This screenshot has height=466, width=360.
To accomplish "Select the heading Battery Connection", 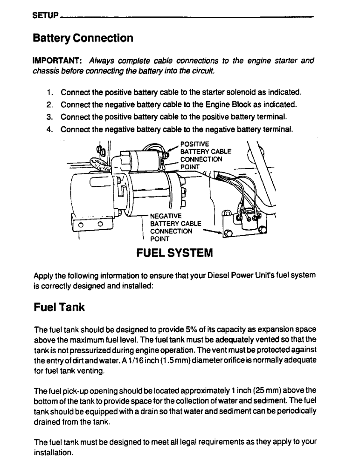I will click(83, 38).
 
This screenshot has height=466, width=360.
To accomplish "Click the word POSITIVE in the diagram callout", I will click(194, 144).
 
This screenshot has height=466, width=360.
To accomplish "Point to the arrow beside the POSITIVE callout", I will click(172, 148).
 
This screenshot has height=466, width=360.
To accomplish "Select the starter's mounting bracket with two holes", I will click(90, 224).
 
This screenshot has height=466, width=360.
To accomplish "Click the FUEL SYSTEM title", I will click(174, 253).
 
